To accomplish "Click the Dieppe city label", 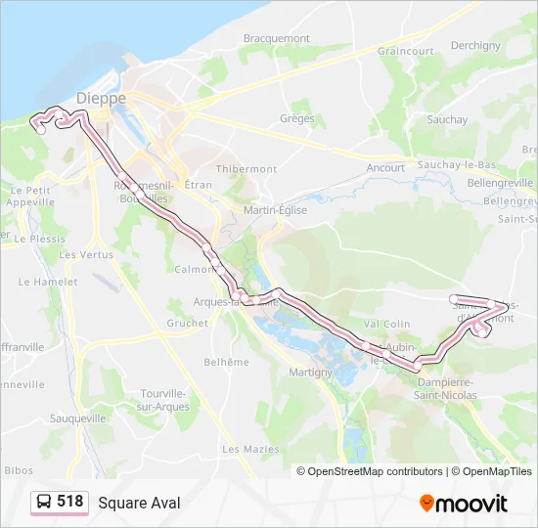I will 103,99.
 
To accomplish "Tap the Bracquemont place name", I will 276,39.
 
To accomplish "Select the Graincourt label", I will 405,51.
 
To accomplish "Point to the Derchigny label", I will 475,45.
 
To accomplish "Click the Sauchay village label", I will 447,119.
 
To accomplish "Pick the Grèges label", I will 296,118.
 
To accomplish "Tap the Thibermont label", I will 247,168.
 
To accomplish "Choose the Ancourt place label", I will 385,168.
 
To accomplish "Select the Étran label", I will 198,184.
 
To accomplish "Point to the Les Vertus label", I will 86,254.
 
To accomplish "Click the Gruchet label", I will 187,323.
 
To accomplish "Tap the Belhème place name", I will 226,362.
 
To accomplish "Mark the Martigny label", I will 312,372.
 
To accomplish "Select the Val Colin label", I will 387,324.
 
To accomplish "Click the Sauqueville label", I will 77,418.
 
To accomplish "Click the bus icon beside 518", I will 43,502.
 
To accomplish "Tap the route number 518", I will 70,502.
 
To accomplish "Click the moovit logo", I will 464,503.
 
